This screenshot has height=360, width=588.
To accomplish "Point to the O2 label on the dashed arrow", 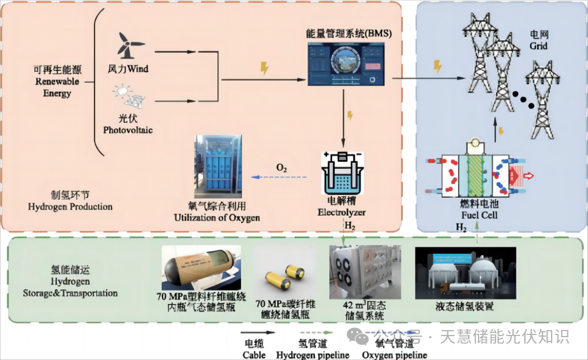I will tap(281, 168).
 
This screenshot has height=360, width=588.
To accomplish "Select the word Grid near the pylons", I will tap(539, 46).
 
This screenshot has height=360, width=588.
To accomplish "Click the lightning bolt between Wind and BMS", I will tap(265, 69).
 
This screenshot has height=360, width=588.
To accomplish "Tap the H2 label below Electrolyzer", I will tap(350, 225).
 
